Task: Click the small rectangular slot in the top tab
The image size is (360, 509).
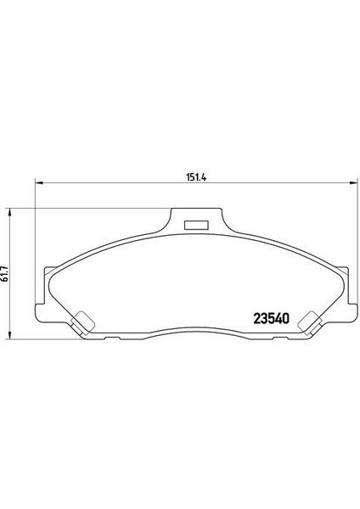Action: click(197, 226)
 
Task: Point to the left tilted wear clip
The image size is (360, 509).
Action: click(83, 322)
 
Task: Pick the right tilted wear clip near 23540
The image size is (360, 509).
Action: click(309, 322)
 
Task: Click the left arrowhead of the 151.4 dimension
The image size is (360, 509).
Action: click(37, 184)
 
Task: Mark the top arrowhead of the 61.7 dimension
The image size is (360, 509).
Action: click(9, 213)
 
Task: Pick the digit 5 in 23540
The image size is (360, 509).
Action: click(273, 320)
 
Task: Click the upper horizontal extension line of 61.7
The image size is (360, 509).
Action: click(85, 209)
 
